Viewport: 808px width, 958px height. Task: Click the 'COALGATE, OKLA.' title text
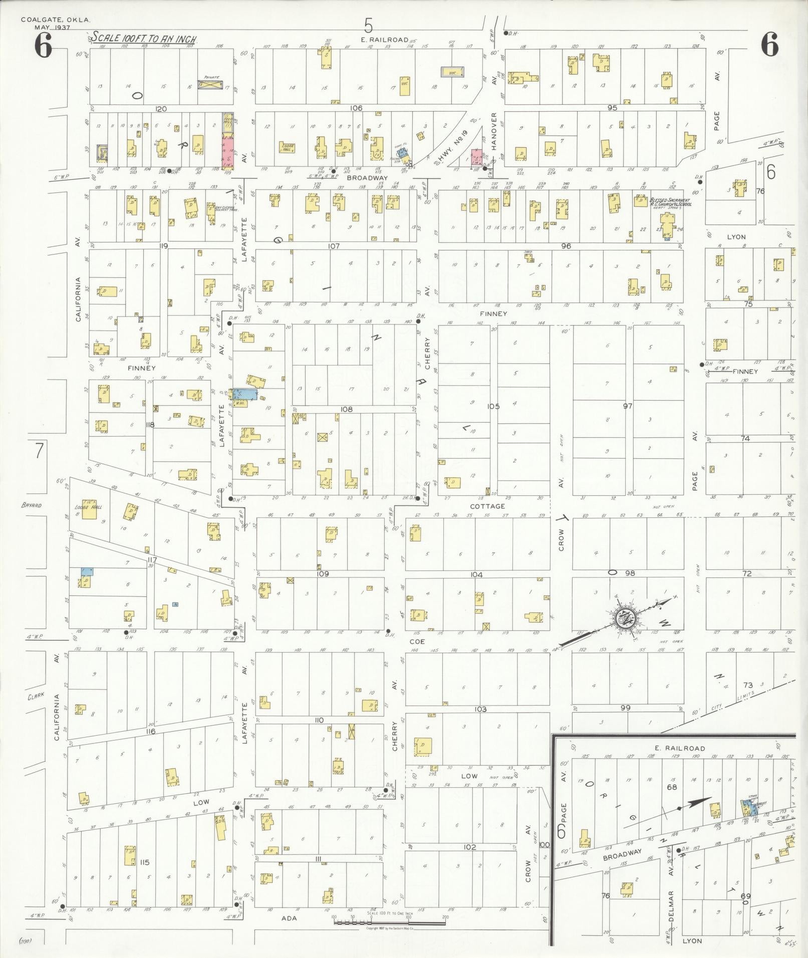click(x=55, y=20)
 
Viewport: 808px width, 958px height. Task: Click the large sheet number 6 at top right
click(x=769, y=47)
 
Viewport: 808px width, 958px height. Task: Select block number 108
click(x=346, y=409)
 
